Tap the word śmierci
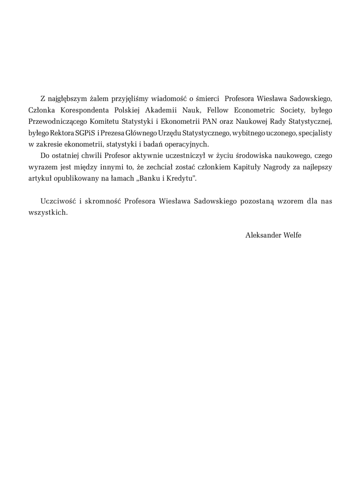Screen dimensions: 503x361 coord(208,98)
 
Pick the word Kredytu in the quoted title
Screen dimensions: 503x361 coord(181,179)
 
